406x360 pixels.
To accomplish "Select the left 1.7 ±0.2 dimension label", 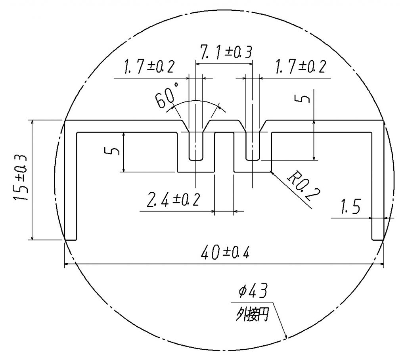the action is [149, 67].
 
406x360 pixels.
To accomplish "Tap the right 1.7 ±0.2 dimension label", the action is [301, 67].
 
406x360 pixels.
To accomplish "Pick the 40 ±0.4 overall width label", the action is [225, 253].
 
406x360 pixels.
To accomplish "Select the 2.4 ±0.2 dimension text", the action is [173, 200].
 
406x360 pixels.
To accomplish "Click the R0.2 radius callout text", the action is [304, 186].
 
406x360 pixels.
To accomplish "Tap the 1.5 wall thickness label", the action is [350, 207].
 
